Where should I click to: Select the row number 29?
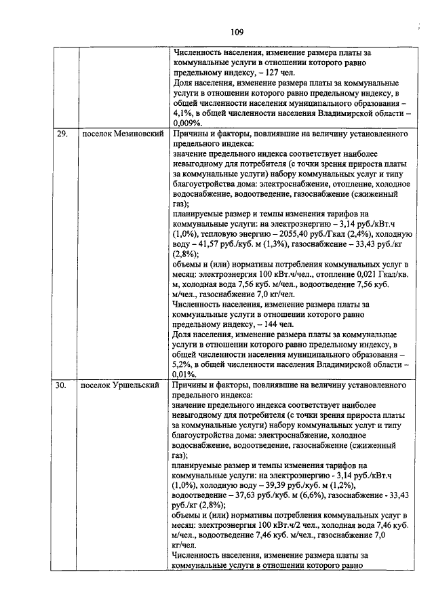tap(61, 134)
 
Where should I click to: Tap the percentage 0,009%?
tap(187, 123)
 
